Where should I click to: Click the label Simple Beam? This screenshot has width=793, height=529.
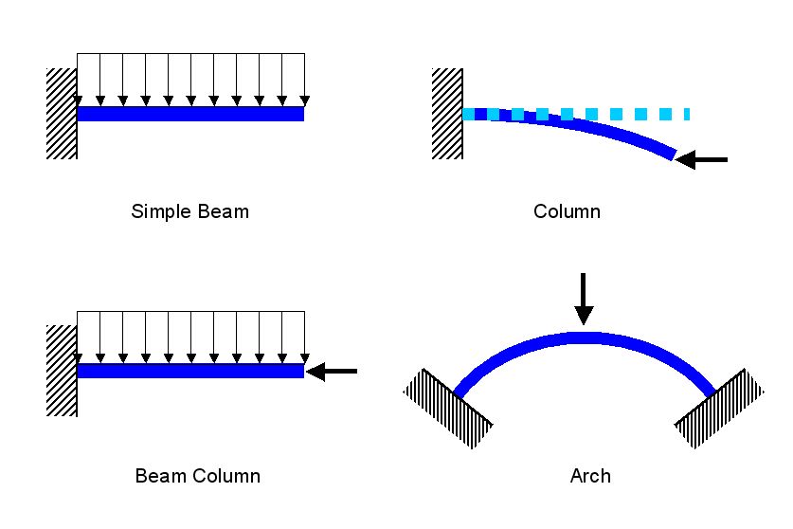[189, 210]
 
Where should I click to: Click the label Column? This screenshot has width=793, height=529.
[567, 210]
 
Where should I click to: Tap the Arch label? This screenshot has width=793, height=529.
[589, 475]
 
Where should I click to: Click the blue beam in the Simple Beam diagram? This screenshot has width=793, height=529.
[189, 114]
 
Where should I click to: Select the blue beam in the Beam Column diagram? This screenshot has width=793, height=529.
[189, 371]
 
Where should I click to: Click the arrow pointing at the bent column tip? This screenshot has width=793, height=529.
[702, 160]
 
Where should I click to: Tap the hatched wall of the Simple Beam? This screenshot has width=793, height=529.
[62, 114]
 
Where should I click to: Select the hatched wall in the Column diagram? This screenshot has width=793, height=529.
[447, 114]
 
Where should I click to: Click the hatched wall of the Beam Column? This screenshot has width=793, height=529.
[62, 370]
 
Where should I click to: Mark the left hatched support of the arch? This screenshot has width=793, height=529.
[448, 408]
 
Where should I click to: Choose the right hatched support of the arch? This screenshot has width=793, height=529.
[720, 408]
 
